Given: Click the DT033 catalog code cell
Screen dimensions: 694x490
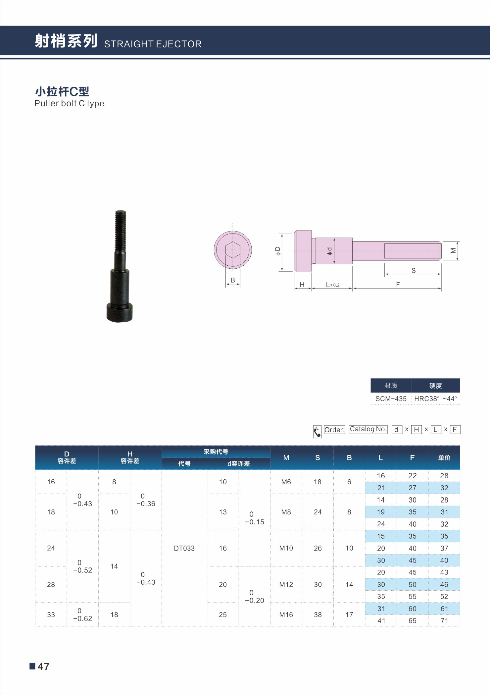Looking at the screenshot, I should [x=184, y=548].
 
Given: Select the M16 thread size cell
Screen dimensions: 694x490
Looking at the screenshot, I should [x=286, y=614].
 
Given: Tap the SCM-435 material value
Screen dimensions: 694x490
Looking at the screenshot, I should [x=391, y=399].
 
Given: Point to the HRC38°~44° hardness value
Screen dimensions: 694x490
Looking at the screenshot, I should [x=435, y=399].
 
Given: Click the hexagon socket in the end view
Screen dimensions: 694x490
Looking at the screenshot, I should [x=233, y=249].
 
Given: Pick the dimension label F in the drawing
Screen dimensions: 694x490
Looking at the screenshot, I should [x=398, y=285].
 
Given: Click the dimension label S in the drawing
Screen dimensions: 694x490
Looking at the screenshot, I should [x=414, y=271].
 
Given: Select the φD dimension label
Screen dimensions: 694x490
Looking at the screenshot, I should [x=278, y=251].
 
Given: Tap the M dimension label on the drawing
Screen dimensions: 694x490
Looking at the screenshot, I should [x=453, y=251].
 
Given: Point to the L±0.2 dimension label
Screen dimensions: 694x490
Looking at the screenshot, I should [x=332, y=285].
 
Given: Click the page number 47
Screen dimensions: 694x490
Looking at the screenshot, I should [x=43, y=666].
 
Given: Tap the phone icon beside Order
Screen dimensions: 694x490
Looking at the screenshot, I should [x=317, y=432].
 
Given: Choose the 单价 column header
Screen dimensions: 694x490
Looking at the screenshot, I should [x=444, y=457].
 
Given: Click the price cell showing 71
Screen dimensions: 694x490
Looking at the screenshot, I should [x=444, y=620].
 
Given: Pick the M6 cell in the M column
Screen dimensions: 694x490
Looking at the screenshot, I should [x=286, y=482].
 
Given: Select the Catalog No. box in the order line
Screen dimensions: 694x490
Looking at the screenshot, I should [x=368, y=429].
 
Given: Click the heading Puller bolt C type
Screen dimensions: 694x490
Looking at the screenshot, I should [x=69, y=103].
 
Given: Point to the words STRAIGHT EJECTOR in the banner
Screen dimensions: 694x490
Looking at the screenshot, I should [x=153, y=44].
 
